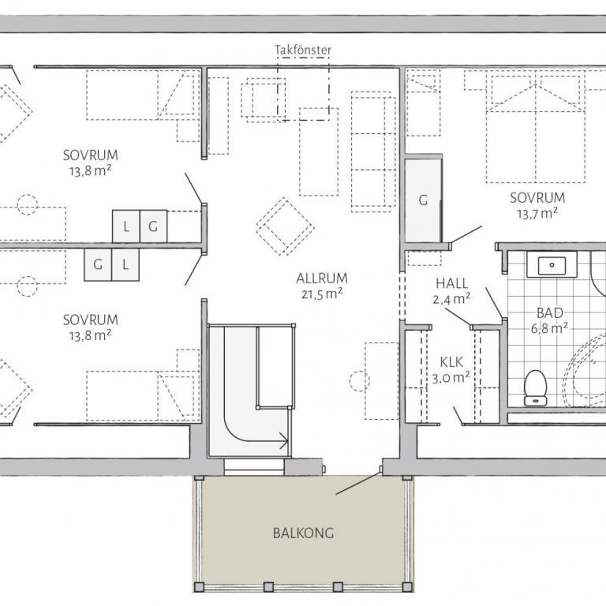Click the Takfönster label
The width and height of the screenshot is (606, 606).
303,50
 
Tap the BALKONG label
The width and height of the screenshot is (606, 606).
303,533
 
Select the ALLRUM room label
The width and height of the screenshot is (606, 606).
322,279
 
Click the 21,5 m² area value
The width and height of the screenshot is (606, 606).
322,294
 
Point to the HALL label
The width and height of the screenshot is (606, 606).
452,284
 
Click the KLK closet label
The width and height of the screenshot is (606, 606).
451,362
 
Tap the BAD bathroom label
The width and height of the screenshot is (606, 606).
549,313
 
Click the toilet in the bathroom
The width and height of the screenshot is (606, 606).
535,387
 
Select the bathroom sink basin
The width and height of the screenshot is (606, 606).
552,265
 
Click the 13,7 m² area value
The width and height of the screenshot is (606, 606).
537,213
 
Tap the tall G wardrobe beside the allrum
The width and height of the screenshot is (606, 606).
423,200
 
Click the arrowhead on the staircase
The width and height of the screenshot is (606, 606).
284,440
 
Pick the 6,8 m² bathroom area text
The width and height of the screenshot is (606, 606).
549,328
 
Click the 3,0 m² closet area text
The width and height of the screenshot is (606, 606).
451,378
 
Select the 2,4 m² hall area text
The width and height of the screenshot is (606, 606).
451,299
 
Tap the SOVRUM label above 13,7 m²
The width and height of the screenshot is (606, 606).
537,198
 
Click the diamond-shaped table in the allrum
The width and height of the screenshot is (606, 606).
285,226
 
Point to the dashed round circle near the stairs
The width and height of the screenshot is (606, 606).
359,381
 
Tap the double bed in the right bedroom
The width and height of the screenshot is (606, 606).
536,129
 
